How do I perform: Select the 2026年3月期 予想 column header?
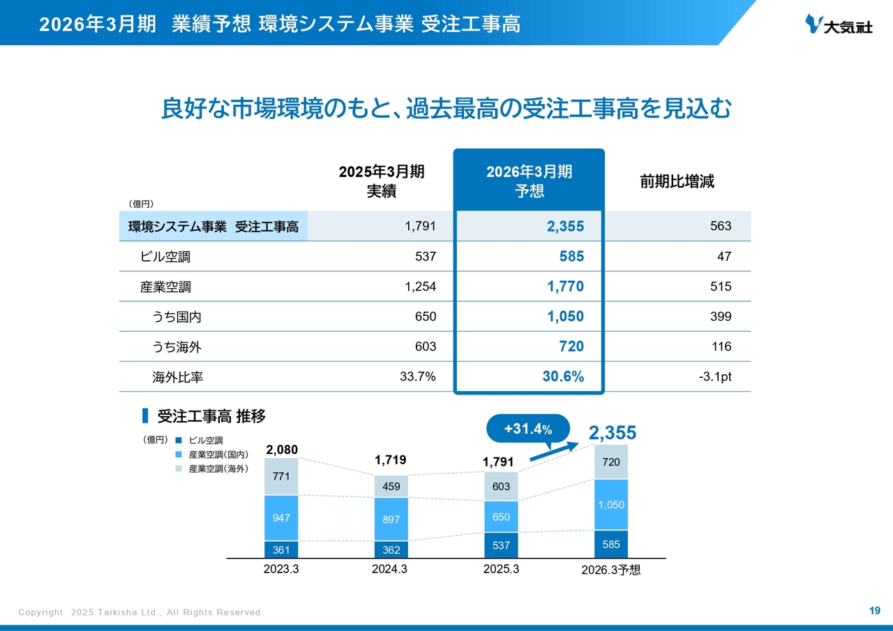pos(529,181)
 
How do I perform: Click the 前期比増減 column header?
pos(677,182)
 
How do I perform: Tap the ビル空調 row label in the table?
pos(165,257)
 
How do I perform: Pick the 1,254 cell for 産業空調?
pos(421,287)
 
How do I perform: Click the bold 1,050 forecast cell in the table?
pos(565,317)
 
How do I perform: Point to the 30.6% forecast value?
pos(563,377)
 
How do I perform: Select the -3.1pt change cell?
pos(715,377)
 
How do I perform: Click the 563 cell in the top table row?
pos(721,226)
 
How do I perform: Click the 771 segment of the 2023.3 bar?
pos(281,477)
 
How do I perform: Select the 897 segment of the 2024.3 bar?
pos(391,519)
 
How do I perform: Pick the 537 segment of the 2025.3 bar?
pos(501,545)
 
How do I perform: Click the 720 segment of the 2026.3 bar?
pos(610,462)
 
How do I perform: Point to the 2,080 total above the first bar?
pos(281,450)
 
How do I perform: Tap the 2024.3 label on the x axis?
pos(390,569)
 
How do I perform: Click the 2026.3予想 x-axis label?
pos(610,570)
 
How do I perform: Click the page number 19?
pos(874,611)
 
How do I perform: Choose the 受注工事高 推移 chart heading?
pos(211,416)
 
